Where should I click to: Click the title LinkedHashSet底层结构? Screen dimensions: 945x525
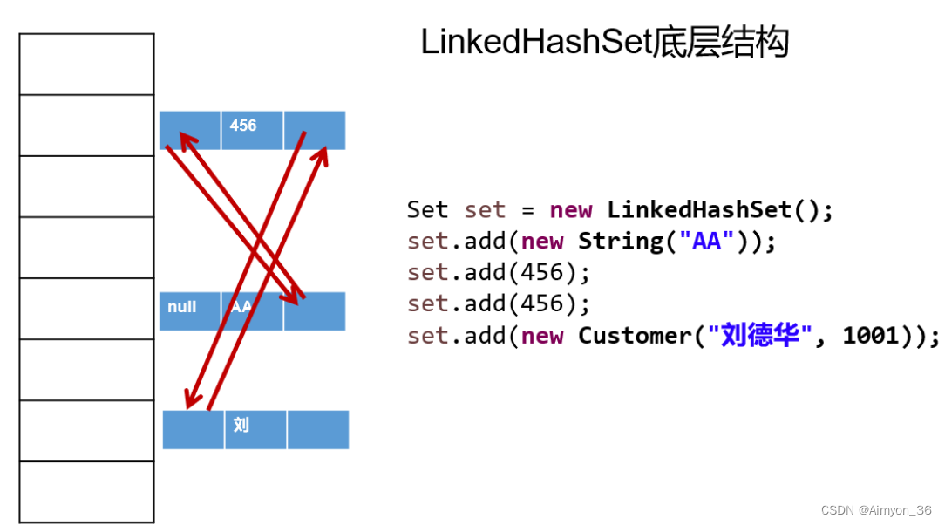[x=604, y=42]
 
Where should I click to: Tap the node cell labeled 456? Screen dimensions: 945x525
[x=251, y=129]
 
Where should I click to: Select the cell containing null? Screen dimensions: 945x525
[x=189, y=310]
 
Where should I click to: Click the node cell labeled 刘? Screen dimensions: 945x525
[x=255, y=429]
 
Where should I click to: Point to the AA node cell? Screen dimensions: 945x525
[x=251, y=310]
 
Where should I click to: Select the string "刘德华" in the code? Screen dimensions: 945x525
[x=760, y=336]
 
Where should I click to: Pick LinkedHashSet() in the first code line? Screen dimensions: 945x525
[x=720, y=210]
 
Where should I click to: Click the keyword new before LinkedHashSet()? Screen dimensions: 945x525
[x=571, y=210]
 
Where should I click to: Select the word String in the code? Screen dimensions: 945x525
[x=621, y=242]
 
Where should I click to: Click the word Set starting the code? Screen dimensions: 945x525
[x=427, y=210]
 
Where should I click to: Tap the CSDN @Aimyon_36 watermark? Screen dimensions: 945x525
[x=877, y=510]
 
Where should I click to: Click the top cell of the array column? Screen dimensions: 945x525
[x=86, y=64]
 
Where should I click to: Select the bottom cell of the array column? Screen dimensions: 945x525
[x=86, y=492]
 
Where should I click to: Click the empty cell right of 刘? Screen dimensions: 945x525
[x=317, y=429]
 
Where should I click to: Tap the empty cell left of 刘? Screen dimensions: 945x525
[x=193, y=429]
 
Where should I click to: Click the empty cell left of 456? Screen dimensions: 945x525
[x=189, y=129]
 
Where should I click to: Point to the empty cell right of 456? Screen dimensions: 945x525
[x=315, y=129]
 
